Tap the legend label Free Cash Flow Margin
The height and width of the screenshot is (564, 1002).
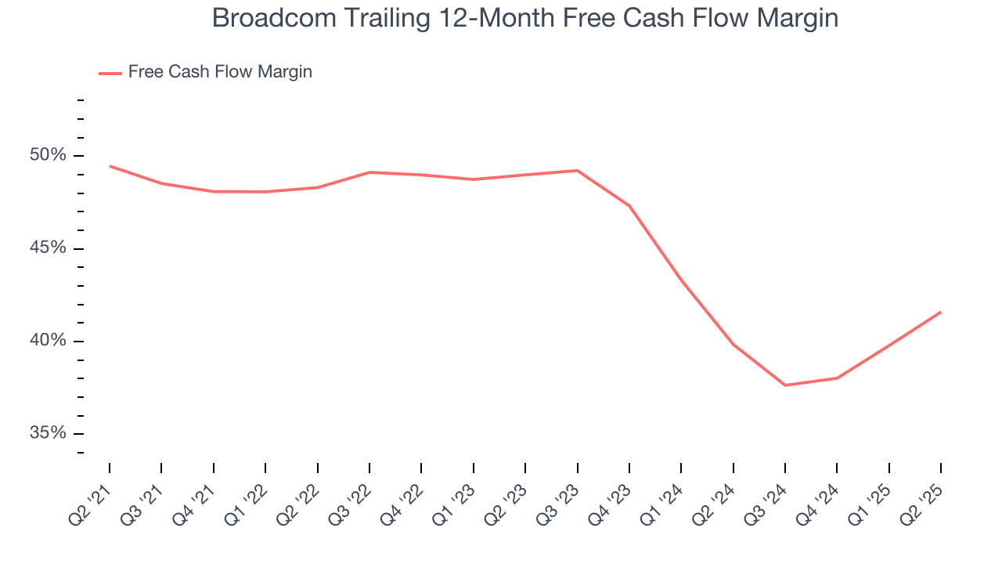point(220,72)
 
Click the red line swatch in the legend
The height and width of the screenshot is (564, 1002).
point(110,73)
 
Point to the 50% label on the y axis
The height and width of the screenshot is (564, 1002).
point(48,155)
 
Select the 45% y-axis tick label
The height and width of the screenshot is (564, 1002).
point(48,248)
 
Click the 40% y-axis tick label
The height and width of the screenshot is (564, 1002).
point(48,341)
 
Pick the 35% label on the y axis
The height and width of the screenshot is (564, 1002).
point(48,433)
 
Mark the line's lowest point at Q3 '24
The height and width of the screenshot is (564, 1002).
point(785,385)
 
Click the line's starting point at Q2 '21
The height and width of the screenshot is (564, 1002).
point(110,166)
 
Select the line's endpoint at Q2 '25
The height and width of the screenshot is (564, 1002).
point(940,312)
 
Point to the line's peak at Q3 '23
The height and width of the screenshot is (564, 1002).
point(577,170)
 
